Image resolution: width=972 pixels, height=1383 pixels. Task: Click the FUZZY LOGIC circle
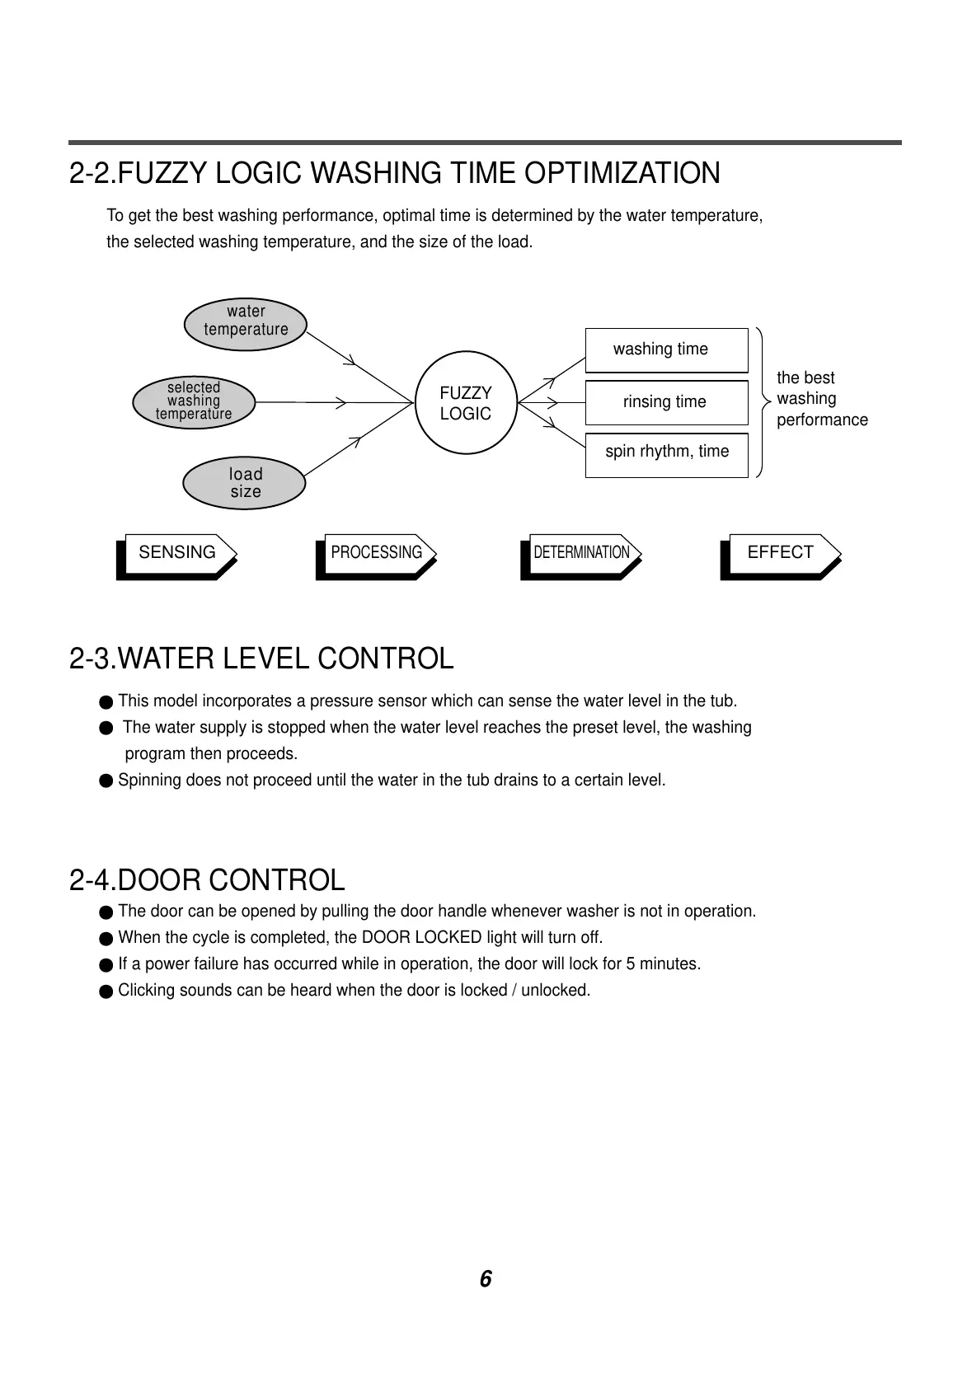pyautogui.click(x=465, y=403)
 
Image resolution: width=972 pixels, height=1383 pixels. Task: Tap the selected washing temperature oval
pyautogui.click(x=194, y=401)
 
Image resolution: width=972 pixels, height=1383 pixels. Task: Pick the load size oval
pyautogui.click(x=245, y=483)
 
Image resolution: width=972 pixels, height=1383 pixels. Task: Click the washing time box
pyautogui.click(x=666, y=349)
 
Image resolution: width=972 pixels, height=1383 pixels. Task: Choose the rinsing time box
pyautogui.click(x=666, y=402)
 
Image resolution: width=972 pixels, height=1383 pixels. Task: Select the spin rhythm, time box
pyautogui.click(x=666, y=452)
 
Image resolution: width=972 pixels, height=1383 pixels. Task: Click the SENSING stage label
pyautogui.click(x=177, y=552)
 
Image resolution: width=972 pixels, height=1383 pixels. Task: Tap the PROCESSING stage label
pyautogui.click(x=376, y=552)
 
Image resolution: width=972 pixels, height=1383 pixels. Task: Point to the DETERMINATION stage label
pyautogui.click(x=581, y=552)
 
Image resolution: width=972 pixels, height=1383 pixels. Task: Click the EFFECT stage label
pyautogui.click(x=780, y=552)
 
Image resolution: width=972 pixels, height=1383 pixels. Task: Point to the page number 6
pyautogui.click(x=486, y=1279)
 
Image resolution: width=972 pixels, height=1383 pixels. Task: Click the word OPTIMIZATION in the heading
pyautogui.click(x=622, y=174)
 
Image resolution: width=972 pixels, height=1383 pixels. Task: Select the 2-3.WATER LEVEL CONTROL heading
pyautogui.click(x=261, y=659)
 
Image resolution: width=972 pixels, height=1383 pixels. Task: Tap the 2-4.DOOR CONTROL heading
pyautogui.click(x=207, y=880)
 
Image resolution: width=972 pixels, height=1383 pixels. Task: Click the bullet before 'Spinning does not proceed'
pyautogui.click(x=106, y=781)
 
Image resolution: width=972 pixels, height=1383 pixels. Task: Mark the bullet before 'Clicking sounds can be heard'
pyautogui.click(x=106, y=991)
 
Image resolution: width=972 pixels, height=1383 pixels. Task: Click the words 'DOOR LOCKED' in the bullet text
pyautogui.click(x=422, y=938)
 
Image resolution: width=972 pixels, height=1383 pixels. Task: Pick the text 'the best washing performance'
pyautogui.click(x=821, y=399)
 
